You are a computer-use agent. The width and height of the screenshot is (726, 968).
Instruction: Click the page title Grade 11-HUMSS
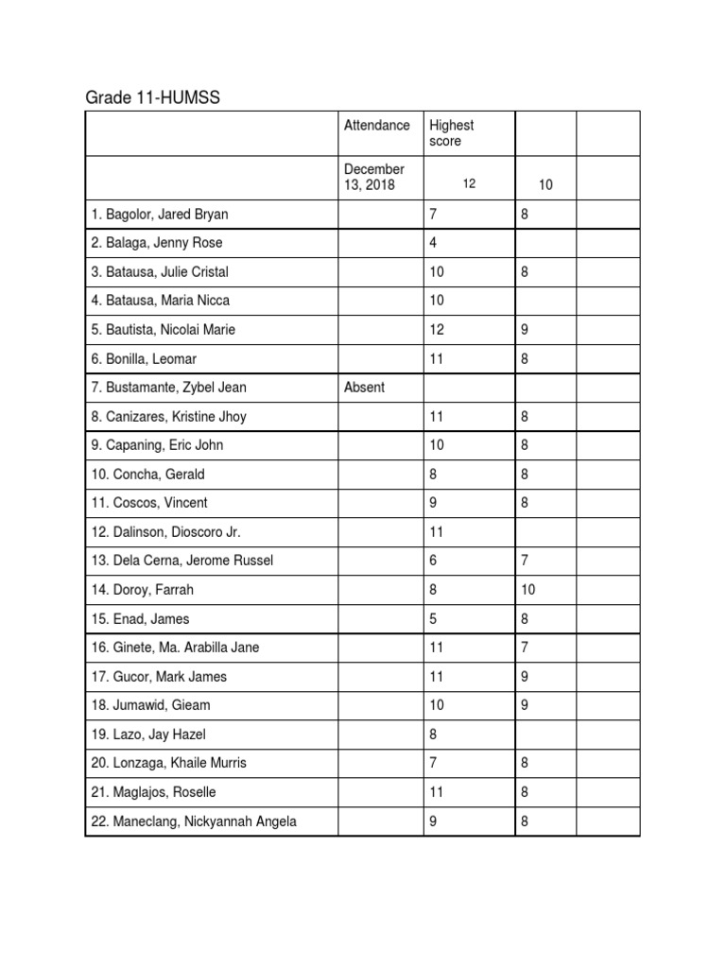coord(152,97)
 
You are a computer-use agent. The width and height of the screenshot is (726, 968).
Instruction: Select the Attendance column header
coord(376,126)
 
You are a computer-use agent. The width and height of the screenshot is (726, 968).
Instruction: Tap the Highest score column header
coord(451,132)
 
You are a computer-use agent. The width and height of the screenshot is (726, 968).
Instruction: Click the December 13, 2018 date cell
coord(374,177)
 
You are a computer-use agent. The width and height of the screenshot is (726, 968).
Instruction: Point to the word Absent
coord(364,388)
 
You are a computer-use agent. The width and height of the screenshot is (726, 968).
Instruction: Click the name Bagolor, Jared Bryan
coord(160,214)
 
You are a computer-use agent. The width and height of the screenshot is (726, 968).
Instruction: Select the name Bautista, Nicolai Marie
coord(164,330)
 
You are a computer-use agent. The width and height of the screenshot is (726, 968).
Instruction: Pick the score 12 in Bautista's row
coord(436,330)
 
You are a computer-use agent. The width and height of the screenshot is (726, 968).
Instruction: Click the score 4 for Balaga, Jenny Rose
coord(433,243)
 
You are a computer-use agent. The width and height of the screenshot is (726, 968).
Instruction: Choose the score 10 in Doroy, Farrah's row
coord(527,590)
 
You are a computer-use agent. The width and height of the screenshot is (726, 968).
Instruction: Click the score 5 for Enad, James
coord(433,619)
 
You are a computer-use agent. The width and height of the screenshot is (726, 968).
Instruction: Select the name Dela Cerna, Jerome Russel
coord(182,561)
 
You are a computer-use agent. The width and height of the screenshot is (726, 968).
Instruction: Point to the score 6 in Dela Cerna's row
coord(433,561)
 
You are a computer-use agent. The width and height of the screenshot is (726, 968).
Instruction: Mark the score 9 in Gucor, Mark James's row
coord(525,677)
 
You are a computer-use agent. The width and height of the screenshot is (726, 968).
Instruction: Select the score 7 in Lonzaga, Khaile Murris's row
coord(433,764)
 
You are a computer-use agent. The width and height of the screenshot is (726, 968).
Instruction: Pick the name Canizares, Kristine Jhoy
coord(169,416)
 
